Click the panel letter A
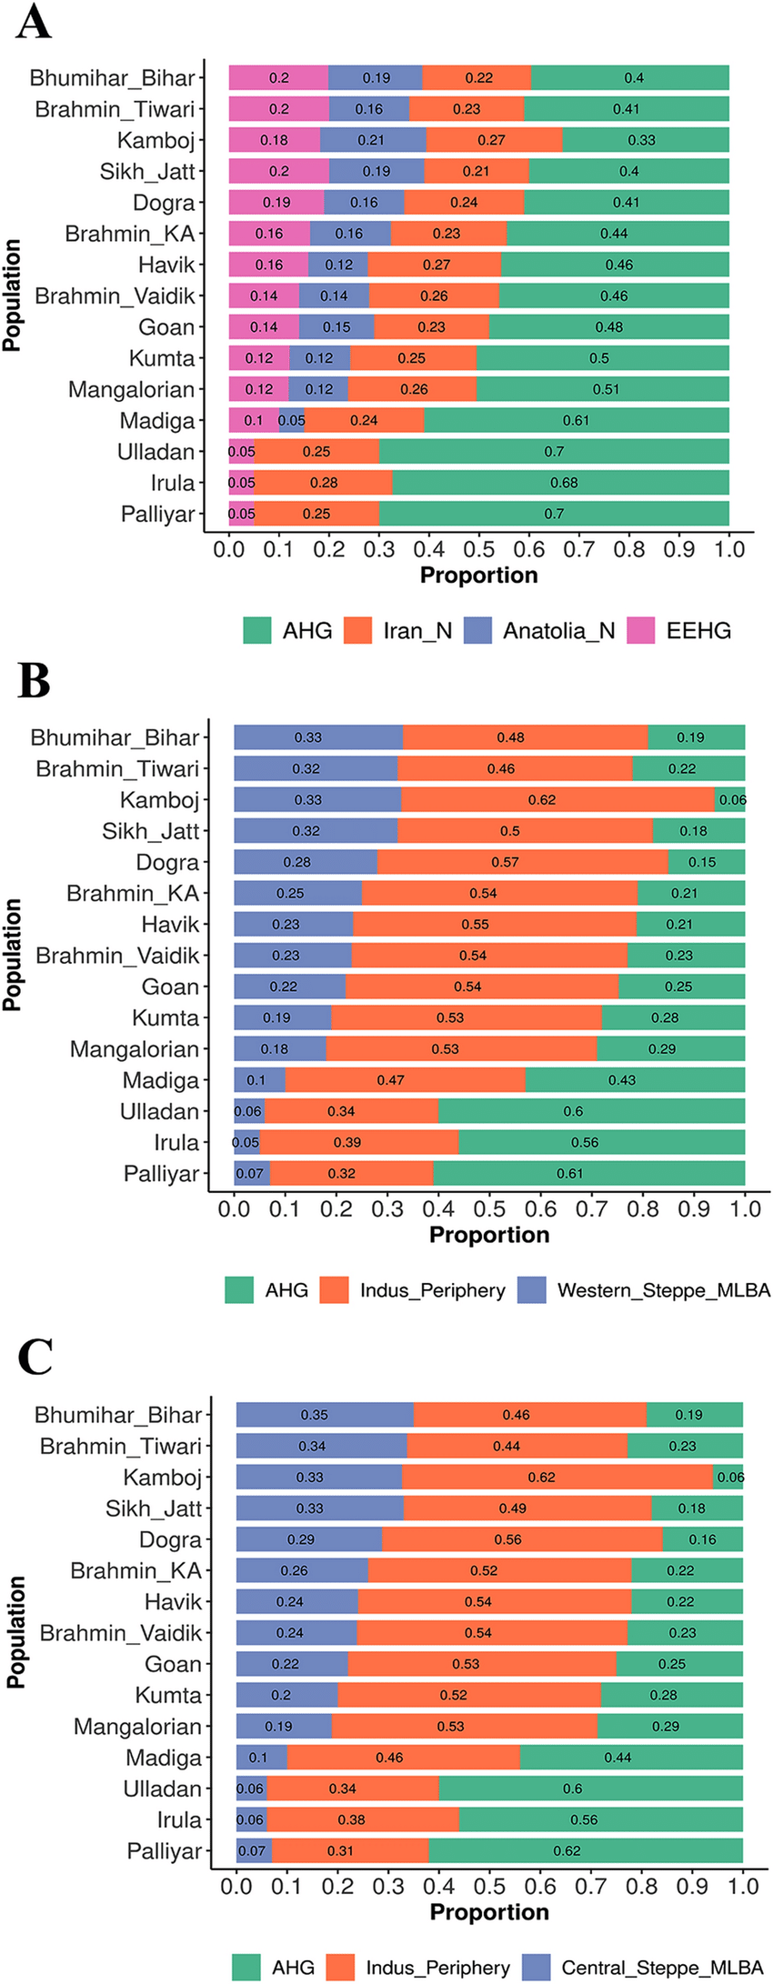pos(34,22)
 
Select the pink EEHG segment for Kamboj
pos(274,140)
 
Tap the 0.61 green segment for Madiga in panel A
pos(577,420)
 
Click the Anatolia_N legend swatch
pos(477,630)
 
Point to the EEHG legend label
pos(698,630)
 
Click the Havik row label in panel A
pos(166,265)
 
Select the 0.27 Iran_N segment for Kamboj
pos(494,140)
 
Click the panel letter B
pos(34,681)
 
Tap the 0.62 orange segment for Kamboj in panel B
pos(557,800)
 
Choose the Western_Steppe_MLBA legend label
pos(664,1290)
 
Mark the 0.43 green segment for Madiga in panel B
pos(635,1080)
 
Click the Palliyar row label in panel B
pos(161,1174)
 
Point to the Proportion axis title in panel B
pos(489,1235)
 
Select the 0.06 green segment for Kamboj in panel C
pos(728,1478)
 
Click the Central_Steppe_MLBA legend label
pos(662,1968)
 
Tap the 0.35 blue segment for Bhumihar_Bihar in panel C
pos(325,1415)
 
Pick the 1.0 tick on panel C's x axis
pos(743,1886)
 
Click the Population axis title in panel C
pos(15,1633)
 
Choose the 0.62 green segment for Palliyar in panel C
pos(586,1850)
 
